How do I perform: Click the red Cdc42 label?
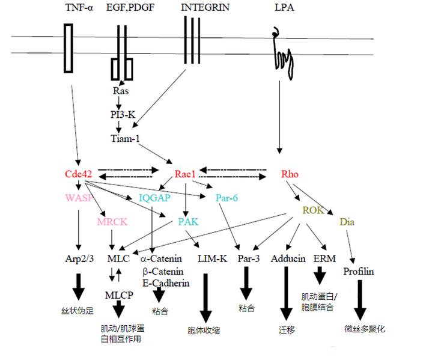[x=79, y=174]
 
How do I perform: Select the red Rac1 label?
[x=185, y=174]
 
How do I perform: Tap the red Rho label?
[x=290, y=174]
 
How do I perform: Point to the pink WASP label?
[x=79, y=197]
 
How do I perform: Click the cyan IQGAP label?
[x=154, y=197]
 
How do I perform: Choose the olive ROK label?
[x=313, y=210]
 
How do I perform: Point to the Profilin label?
[x=359, y=271]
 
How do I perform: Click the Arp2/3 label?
[x=78, y=259]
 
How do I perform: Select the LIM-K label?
[x=211, y=259]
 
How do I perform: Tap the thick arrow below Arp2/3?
[x=78, y=287]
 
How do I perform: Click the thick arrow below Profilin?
[x=359, y=300]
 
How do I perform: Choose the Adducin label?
[x=286, y=259]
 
